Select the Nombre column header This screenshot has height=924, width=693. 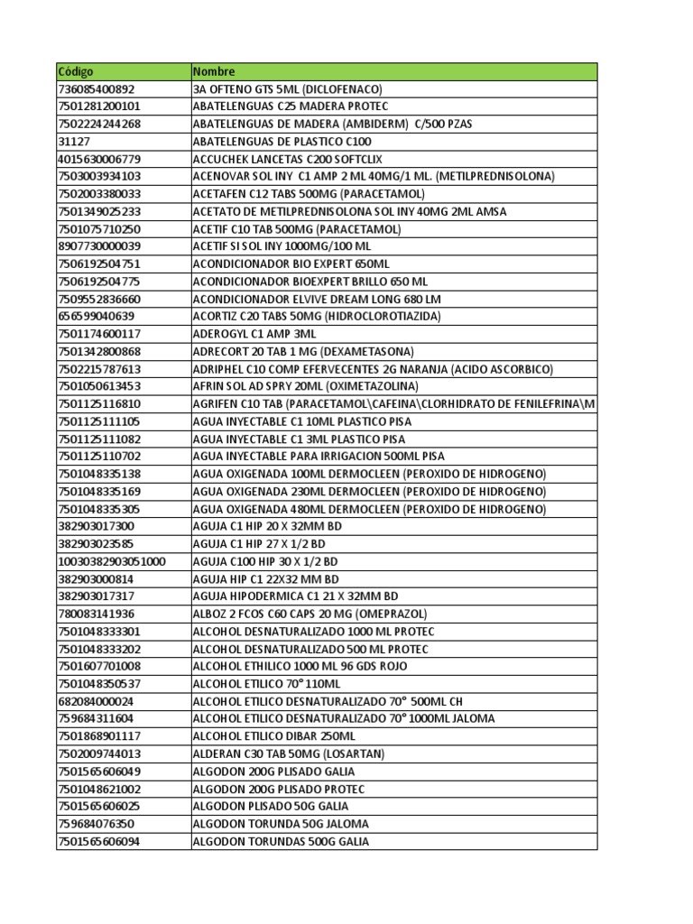click(x=214, y=71)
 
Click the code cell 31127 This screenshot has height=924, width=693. click(x=73, y=142)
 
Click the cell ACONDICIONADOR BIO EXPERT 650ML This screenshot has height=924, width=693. click(x=291, y=264)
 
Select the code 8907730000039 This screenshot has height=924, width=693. click(x=98, y=246)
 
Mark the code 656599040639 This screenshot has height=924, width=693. click(x=96, y=317)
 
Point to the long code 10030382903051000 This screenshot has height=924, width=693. click(x=111, y=561)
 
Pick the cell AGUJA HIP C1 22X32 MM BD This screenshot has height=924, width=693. click(x=266, y=579)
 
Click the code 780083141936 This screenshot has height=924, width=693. click(x=96, y=614)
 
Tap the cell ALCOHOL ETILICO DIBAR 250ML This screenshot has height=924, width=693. click(x=274, y=736)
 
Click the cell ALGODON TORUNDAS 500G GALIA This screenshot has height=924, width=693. click(x=281, y=842)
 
